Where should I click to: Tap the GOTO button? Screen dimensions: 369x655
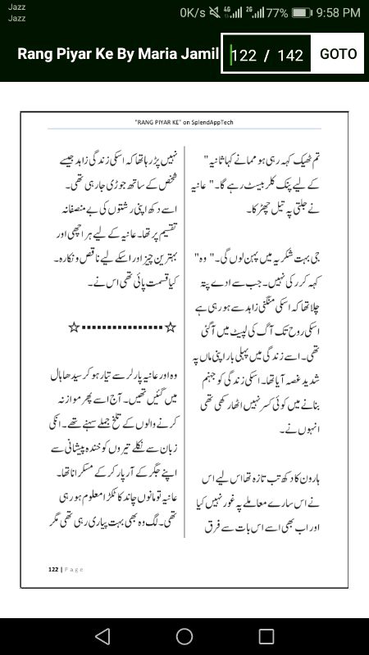338,54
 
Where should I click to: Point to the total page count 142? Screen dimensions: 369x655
290,55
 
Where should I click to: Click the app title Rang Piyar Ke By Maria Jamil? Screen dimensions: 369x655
118,54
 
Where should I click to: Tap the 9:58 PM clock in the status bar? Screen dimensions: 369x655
339,12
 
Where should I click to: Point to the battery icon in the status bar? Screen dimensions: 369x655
303,12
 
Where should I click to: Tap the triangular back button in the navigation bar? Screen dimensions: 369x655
102,636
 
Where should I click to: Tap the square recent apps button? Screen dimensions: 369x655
266,636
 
